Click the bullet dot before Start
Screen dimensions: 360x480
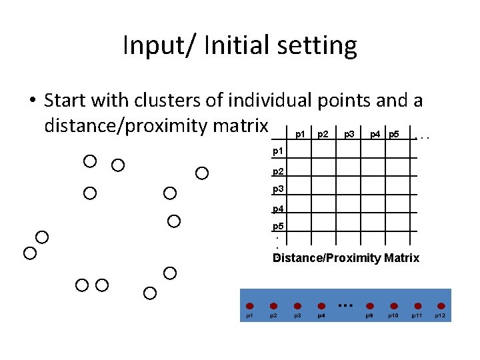click(31, 101)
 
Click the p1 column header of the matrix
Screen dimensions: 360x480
click(300, 134)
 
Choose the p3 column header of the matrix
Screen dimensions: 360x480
click(349, 134)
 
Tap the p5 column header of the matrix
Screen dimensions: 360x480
click(394, 134)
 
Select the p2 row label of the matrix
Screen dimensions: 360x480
click(279, 172)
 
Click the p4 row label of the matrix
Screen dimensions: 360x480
click(279, 209)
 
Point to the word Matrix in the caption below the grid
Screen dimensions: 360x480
click(401, 258)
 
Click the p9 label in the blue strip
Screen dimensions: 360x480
click(369, 315)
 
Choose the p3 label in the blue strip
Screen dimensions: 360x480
click(297, 315)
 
